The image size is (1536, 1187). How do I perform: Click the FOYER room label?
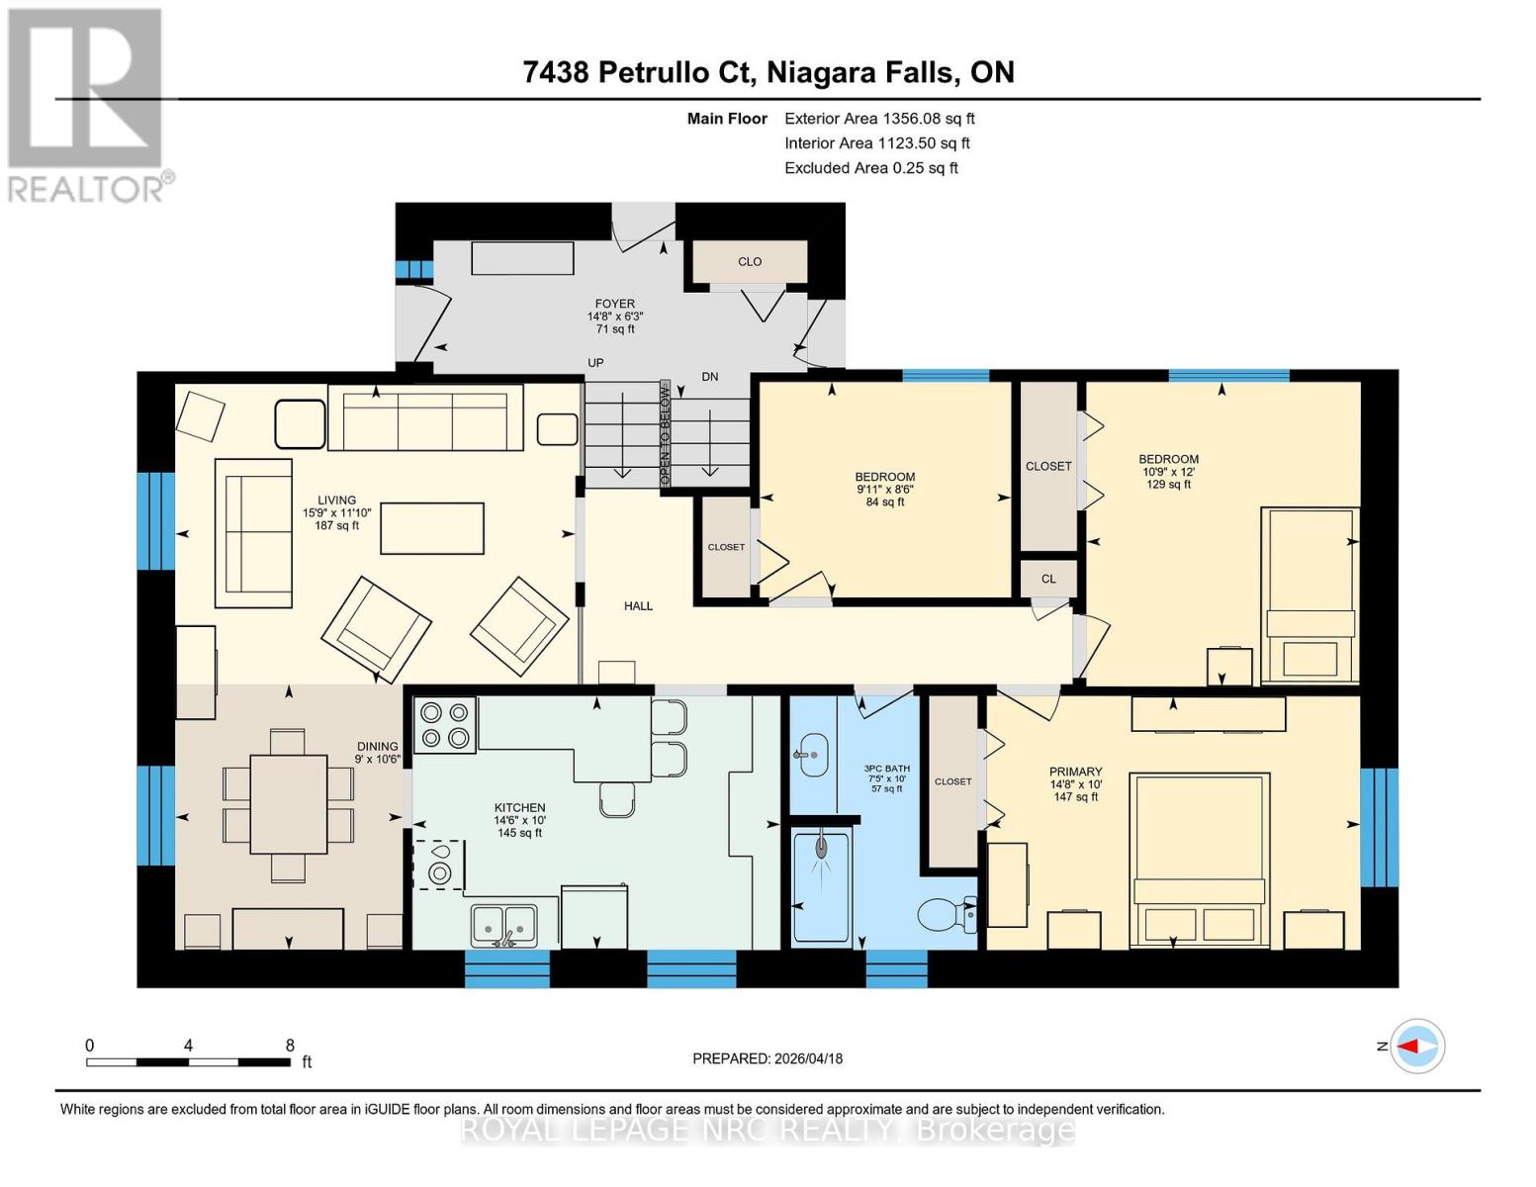pyautogui.click(x=614, y=305)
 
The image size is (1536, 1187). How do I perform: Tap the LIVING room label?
pyautogui.click(x=336, y=501)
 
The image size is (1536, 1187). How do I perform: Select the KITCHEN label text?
pyautogui.click(x=519, y=808)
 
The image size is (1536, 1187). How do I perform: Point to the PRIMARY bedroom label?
pyautogui.click(x=1075, y=772)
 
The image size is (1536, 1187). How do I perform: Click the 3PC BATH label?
pyautogui.click(x=886, y=769)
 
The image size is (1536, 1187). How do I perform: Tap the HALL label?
pyautogui.click(x=638, y=606)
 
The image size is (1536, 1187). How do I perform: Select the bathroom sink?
pyautogui.click(x=813, y=756)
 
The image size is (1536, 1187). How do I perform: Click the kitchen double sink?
pyautogui.click(x=503, y=924)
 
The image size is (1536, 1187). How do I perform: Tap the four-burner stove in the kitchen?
pyautogui.click(x=445, y=725)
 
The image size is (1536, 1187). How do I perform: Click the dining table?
pyautogui.click(x=288, y=804)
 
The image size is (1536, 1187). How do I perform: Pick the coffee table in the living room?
pyautogui.click(x=432, y=528)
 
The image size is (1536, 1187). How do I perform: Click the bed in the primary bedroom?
pyautogui.click(x=1200, y=856)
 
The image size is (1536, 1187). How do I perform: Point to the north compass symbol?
pyautogui.click(x=1416, y=1046)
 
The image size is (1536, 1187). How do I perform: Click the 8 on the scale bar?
pyautogui.click(x=290, y=1046)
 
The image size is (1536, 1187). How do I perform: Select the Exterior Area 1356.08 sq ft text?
pyautogui.click(x=879, y=119)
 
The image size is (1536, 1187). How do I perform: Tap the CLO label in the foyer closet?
pyautogui.click(x=750, y=262)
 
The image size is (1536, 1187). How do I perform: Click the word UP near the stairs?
pyautogui.click(x=595, y=363)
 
